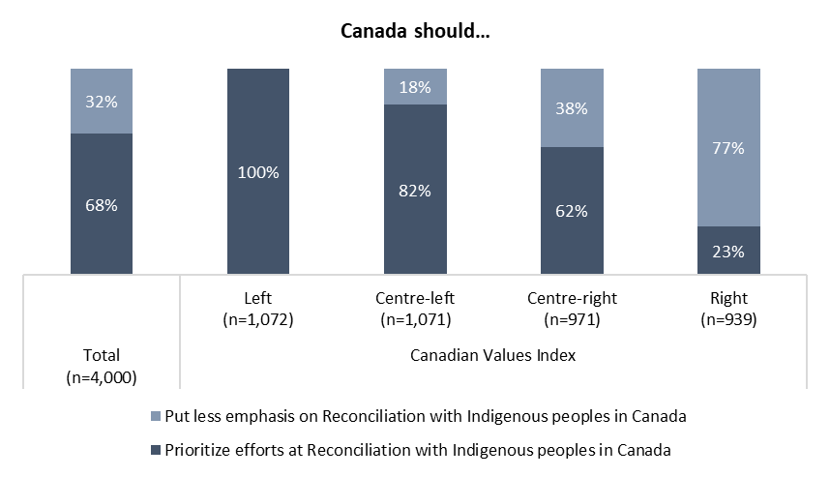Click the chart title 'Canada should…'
(x=415, y=31)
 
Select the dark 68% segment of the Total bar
(x=103, y=204)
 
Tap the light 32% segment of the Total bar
(x=103, y=101)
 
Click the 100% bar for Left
(x=259, y=172)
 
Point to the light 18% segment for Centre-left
(x=416, y=86)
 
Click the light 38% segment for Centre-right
(x=572, y=107)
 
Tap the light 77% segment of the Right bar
(x=728, y=148)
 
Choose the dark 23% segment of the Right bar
(x=728, y=252)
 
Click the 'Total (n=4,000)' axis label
(x=102, y=365)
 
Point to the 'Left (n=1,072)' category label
(x=258, y=309)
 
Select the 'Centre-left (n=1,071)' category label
(x=415, y=309)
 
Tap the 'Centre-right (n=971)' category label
(x=572, y=309)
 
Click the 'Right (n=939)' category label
(x=728, y=309)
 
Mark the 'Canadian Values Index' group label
(x=493, y=355)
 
